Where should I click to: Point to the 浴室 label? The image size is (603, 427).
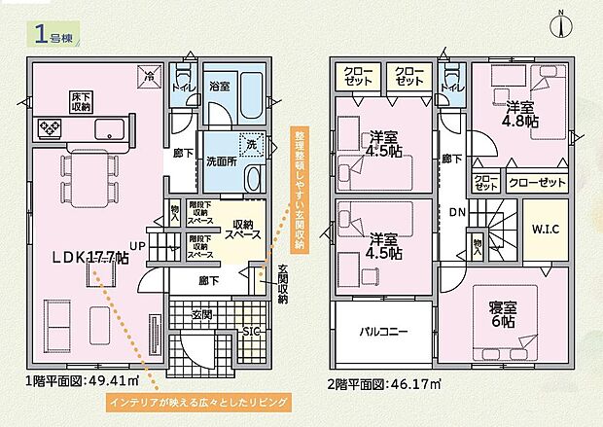click(x=219, y=87)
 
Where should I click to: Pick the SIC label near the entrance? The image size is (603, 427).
click(x=250, y=332)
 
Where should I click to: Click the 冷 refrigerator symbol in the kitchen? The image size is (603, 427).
click(x=150, y=76)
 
